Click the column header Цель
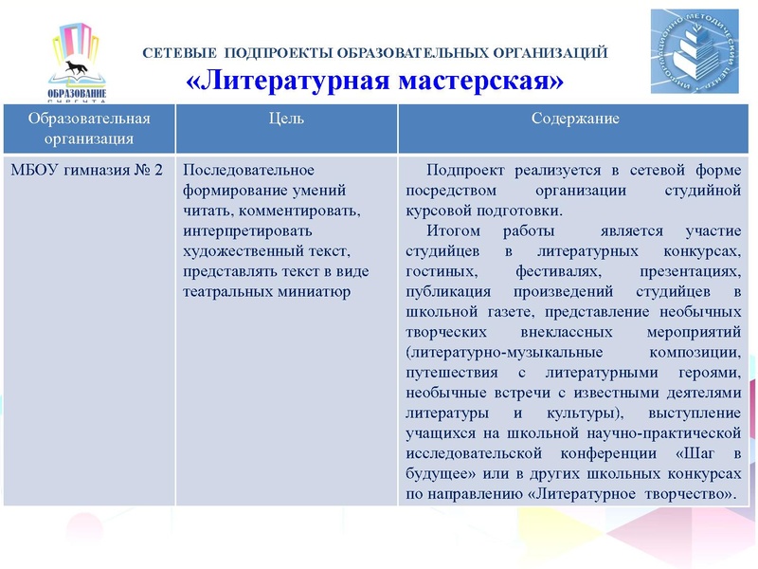coord(287,119)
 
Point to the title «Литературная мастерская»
coord(375,80)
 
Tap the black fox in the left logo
coord(75,69)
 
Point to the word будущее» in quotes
coord(440,474)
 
